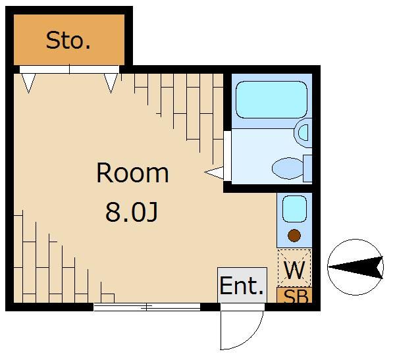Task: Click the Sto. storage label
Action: coord(68,41)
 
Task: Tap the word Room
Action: coord(132,173)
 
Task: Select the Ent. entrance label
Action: coord(242,286)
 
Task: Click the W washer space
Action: coord(294,269)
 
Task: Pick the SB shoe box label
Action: coord(296,297)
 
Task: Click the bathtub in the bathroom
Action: coord(271,99)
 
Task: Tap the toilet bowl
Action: coord(287,168)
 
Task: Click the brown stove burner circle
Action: coord(294,235)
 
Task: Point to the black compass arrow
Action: coord(356,267)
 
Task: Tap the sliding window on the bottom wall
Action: coord(147,307)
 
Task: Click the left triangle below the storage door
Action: coord(28,82)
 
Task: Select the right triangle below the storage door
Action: coord(110,82)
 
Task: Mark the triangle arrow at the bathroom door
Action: coord(215,172)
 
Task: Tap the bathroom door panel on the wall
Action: coord(227,155)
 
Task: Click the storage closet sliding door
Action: coord(69,69)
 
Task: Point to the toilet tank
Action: coord(307,167)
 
